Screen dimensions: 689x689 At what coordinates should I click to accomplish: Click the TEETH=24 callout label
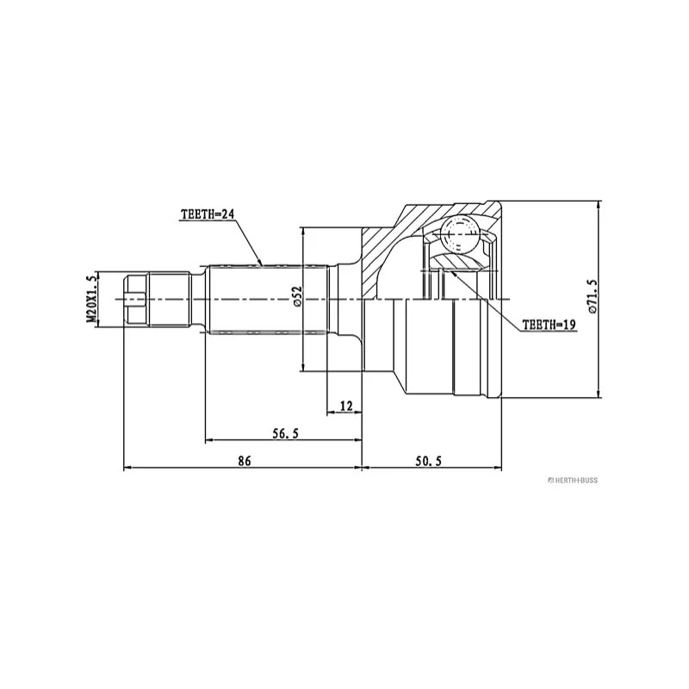208,214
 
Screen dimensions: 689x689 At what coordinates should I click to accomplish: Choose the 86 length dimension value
244,462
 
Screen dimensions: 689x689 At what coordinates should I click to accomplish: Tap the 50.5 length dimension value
428,462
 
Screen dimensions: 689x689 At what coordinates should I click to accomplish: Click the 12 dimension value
346,405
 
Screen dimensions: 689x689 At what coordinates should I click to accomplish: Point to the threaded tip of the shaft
136,299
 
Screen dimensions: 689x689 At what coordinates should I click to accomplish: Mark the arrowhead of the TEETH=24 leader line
261,263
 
